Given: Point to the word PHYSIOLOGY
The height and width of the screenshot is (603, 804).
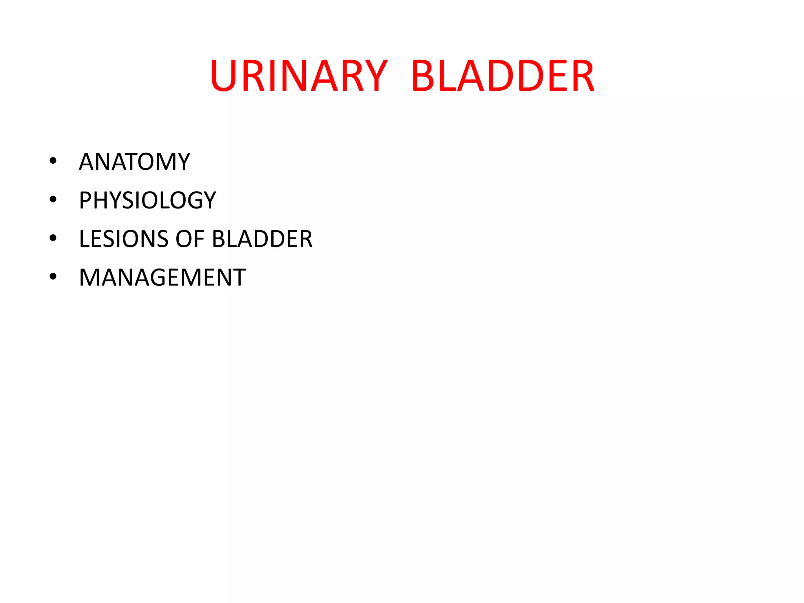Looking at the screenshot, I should pos(147,200).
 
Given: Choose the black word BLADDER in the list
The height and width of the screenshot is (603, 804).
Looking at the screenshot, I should pos(262,239).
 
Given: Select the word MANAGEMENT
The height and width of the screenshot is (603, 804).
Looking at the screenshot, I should pos(162,277).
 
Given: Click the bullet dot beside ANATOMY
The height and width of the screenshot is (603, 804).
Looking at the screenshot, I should pos(53,161).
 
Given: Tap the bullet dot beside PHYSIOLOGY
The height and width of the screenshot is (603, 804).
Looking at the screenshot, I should pos(53,199).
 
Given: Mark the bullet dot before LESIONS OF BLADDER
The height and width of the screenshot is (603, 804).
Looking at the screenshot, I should pos(53,238).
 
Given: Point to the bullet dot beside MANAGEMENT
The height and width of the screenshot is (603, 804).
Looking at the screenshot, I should pos(53,276).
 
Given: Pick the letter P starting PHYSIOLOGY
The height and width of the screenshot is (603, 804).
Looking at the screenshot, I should pos(86,200).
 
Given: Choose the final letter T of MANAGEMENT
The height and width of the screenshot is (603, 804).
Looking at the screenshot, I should pos(238,277).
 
